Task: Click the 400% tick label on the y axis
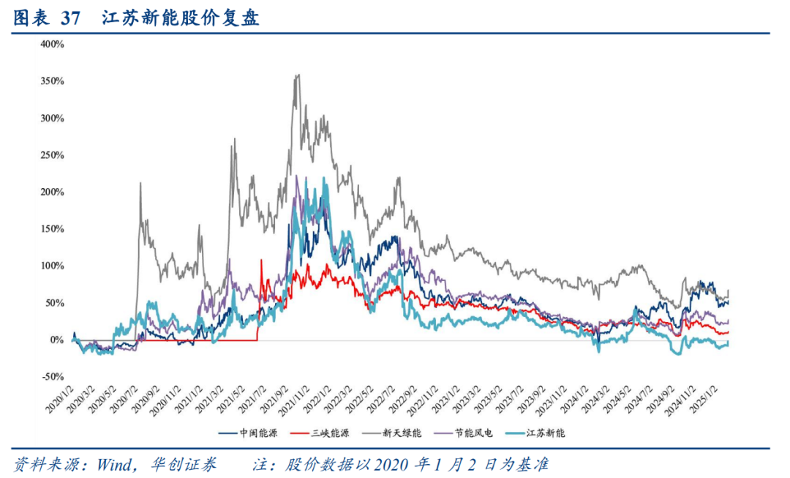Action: pos(53,45)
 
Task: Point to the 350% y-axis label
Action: pos(53,81)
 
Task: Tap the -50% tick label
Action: pos(53,377)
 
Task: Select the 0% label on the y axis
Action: pos(56,340)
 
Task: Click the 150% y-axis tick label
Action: pos(53,229)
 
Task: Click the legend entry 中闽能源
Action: pos(248,433)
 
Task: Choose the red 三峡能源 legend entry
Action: pos(320,433)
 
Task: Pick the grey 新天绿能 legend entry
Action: pos(392,433)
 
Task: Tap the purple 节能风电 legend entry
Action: pos(464,433)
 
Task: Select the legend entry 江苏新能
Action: pos(536,433)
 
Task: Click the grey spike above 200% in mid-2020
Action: pos(140,183)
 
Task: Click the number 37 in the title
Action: pos(70,18)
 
